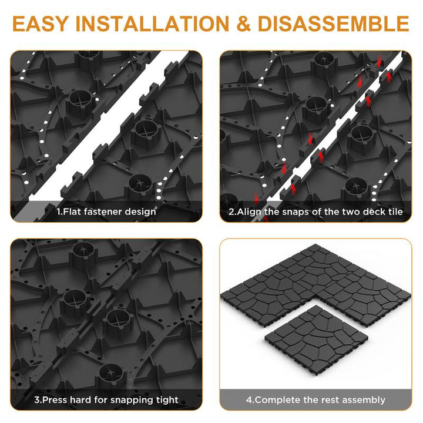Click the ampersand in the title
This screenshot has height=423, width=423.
tap(244, 23)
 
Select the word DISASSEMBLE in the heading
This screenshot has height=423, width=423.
tap(334, 23)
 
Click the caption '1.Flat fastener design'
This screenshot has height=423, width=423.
tap(106, 211)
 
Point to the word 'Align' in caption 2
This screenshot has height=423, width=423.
tap(249, 211)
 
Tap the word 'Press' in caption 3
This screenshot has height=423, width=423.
tap(55, 399)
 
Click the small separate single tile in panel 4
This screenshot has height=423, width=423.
tap(317, 341)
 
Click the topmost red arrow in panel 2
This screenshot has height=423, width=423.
tap(380, 61)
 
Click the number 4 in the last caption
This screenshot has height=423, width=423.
tap(249, 400)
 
